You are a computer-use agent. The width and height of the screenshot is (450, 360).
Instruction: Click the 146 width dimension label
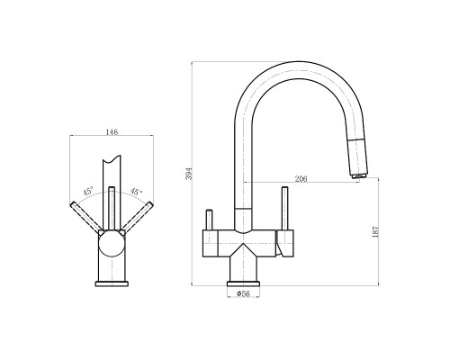(112, 131)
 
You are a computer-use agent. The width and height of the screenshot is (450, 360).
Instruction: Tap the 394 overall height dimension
(189, 174)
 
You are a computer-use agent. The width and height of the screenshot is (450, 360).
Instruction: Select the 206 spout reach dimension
(301, 179)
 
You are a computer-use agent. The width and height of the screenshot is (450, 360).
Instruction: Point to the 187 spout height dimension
(375, 231)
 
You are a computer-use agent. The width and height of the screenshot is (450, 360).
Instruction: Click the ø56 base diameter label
(243, 293)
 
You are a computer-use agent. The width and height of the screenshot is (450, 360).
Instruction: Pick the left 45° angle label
(88, 191)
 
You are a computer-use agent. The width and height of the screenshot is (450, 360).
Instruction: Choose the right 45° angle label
(136, 192)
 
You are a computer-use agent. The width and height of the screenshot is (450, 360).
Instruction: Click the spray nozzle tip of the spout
(359, 175)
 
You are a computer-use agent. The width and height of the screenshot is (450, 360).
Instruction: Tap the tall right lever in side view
(284, 209)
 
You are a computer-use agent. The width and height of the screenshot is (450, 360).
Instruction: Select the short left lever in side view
(209, 220)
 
